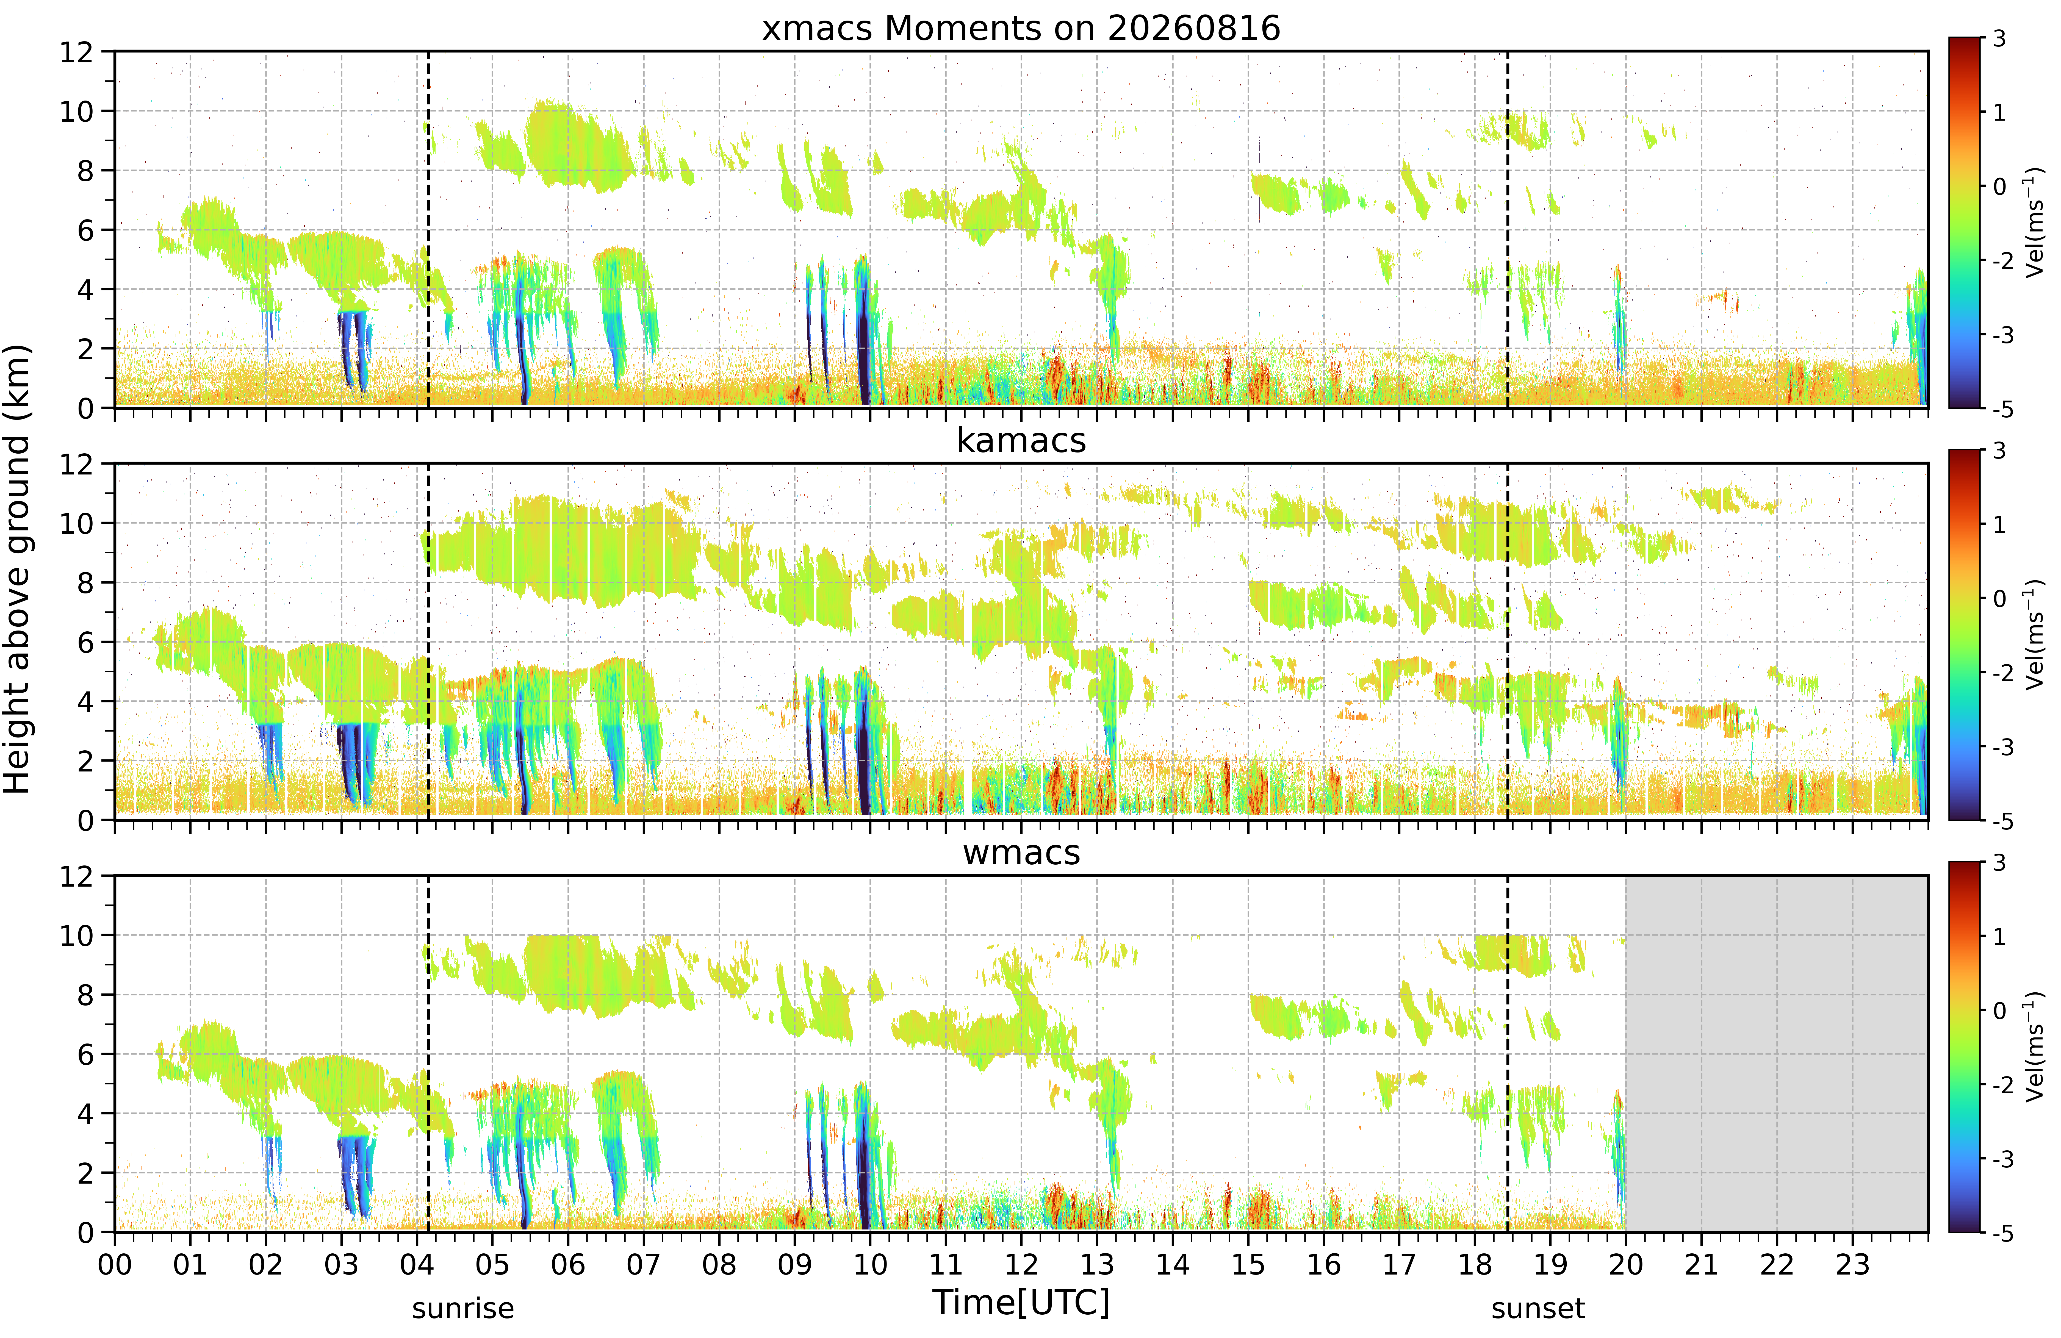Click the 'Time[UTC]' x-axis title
click(1021, 1302)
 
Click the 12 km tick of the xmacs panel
click(76, 52)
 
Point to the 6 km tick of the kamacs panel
click(85, 643)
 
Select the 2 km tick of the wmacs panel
click(85, 1173)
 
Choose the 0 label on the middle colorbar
click(1999, 598)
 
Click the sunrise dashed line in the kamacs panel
click(429, 642)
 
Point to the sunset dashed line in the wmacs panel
click(1508, 1053)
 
